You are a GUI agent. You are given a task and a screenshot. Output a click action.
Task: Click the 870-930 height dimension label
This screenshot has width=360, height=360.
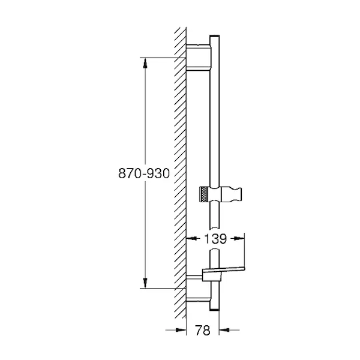coord(144,173)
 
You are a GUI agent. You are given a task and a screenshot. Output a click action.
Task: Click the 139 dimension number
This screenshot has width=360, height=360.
coord(215,239)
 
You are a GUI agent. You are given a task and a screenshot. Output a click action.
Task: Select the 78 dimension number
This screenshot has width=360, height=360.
coord(203,330)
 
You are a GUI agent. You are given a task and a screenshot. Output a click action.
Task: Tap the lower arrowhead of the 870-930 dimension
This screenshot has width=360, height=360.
coord(145,283)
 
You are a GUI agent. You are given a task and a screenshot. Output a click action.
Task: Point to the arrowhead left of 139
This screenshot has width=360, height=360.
coord(191,239)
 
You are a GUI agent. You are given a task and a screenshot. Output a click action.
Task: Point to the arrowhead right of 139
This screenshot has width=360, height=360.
coord(239,239)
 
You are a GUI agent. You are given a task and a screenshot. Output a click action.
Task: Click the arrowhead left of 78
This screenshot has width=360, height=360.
coord(181,330)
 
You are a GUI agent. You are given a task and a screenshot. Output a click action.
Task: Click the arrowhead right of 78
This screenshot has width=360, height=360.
coord(224,330)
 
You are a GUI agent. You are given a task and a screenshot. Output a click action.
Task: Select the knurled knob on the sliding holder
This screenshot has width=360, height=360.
coord(204,194)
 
